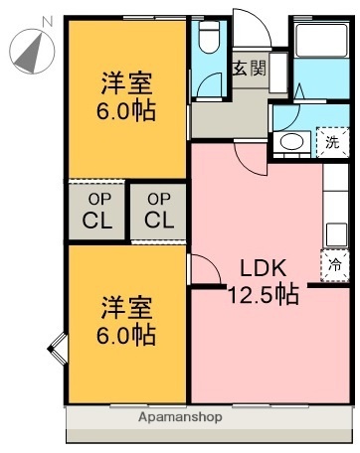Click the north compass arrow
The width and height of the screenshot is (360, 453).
tap(30, 50)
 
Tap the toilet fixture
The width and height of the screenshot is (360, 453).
tap(208, 41)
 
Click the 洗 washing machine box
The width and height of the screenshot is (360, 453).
tap(332, 142)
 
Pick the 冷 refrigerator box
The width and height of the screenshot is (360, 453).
tap(335, 265)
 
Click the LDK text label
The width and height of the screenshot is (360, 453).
tap(264, 266)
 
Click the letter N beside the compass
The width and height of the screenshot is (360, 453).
tap(46, 21)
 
